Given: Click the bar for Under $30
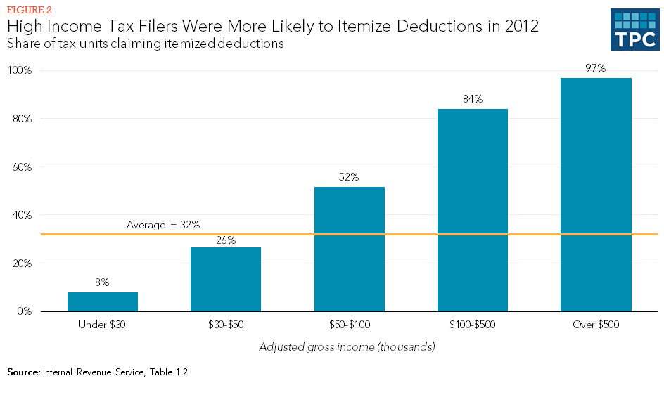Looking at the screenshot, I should tap(103, 301).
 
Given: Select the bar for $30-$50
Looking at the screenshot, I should tap(226, 280).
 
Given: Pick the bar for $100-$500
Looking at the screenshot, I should tap(473, 210).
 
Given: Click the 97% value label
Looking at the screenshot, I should tap(596, 68).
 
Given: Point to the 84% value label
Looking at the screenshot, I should tap(473, 99).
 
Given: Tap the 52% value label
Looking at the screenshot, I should tap(350, 177).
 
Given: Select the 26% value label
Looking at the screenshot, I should tap(226, 240).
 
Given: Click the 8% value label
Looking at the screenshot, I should tap(103, 282).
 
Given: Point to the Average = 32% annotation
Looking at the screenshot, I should tap(163, 225).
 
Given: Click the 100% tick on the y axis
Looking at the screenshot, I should tap(20, 71).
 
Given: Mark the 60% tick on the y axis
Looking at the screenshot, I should tap(22, 167).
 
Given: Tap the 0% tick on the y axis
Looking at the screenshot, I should tap(24, 311).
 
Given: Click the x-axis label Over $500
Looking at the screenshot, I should tap(596, 325).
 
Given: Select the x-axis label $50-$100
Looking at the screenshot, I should tap(350, 325).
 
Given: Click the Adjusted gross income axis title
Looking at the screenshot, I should tap(347, 346).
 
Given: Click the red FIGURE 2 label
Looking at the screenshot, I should tap(29, 11).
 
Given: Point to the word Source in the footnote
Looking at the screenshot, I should tap(23, 372).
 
